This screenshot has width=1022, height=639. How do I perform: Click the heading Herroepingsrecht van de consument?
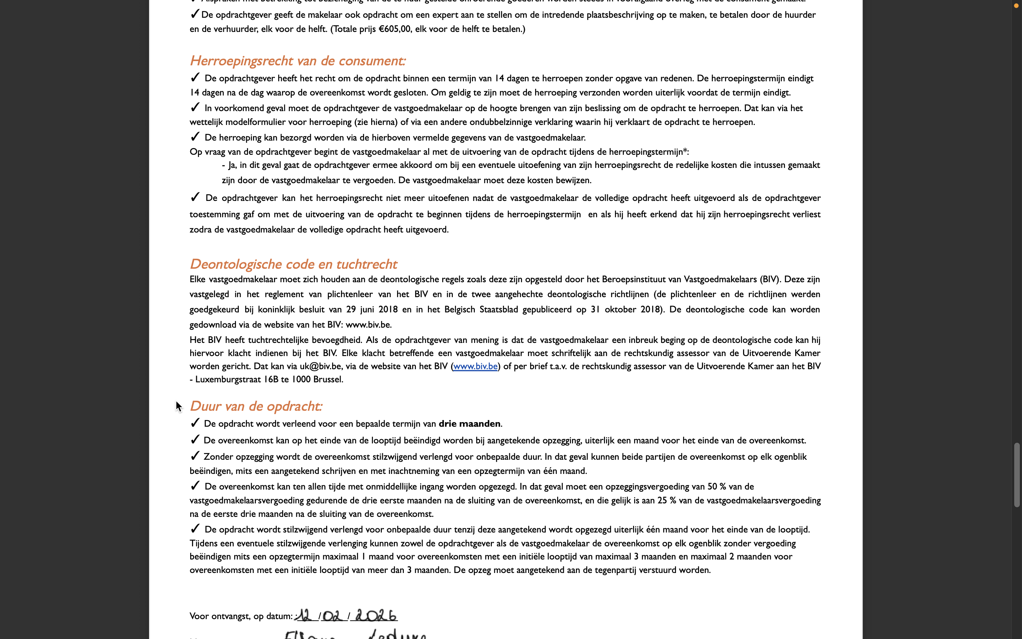pyautogui.click(x=297, y=61)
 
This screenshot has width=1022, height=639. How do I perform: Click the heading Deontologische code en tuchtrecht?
pyautogui.click(x=293, y=264)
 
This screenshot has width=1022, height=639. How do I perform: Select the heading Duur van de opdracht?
pyautogui.click(x=256, y=406)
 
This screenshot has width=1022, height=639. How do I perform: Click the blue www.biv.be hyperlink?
pyautogui.click(x=475, y=366)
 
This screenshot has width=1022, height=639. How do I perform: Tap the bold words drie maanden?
pyautogui.click(x=469, y=424)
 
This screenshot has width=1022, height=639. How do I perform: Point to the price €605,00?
pyautogui.click(x=395, y=29)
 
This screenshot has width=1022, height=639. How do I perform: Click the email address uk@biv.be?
pyautogui.click(x=320, y=366)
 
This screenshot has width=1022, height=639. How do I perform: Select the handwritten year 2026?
pyautogui.click(x=375, y=615)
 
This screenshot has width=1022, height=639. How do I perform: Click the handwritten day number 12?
pyautogui.click(x=305, y=615)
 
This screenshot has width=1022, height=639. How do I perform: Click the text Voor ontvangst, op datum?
pyautogui.click(x=240, y=616)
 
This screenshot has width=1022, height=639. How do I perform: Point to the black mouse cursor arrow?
pyautogui.click(x=178, y=406)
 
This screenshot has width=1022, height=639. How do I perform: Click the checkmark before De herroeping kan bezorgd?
pyautogui.click(x=195, y=137)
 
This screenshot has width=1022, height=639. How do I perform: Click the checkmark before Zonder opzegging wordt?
pyautogui.click(x=195, y=456)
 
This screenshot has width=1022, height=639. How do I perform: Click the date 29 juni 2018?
pyautogui.click(x=372, y=309)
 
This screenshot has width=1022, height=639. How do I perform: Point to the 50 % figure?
pyautogui.click(x=717, y=486)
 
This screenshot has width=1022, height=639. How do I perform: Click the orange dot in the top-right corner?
pyautogui.click(x=1016, y=5)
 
